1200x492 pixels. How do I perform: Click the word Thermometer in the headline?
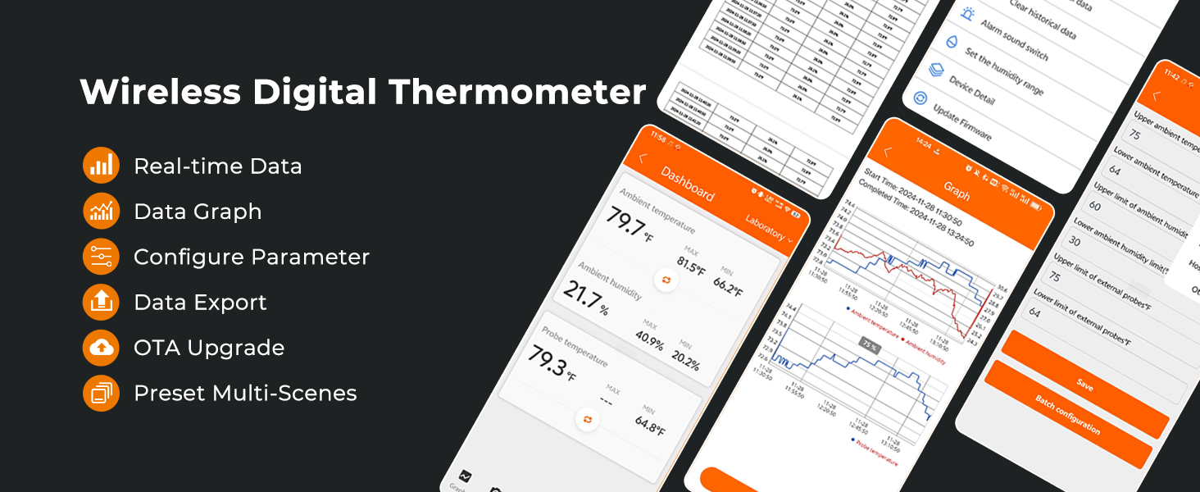click(518, 92)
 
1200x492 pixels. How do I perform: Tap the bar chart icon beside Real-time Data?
click(102, 166)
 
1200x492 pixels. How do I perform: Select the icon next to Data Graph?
click(102, 212)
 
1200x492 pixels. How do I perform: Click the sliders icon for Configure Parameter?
click(102, 257)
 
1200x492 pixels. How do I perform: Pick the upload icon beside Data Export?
click(102, 303)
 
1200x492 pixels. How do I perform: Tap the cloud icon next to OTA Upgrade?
click(102, 348)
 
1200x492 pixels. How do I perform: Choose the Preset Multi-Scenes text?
click(245, 394)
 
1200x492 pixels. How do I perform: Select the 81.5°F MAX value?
click(690, 264)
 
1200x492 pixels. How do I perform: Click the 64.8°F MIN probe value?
click(650, 426)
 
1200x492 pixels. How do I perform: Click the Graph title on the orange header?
click(957, 190)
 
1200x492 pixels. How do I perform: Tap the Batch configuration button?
click(1067, 413)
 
